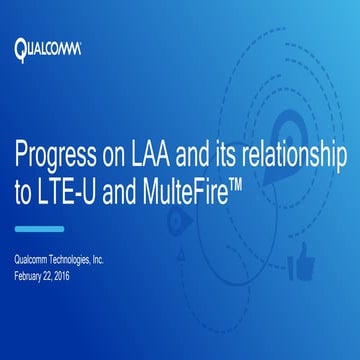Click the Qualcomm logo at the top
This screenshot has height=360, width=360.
[x=47, y=48]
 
